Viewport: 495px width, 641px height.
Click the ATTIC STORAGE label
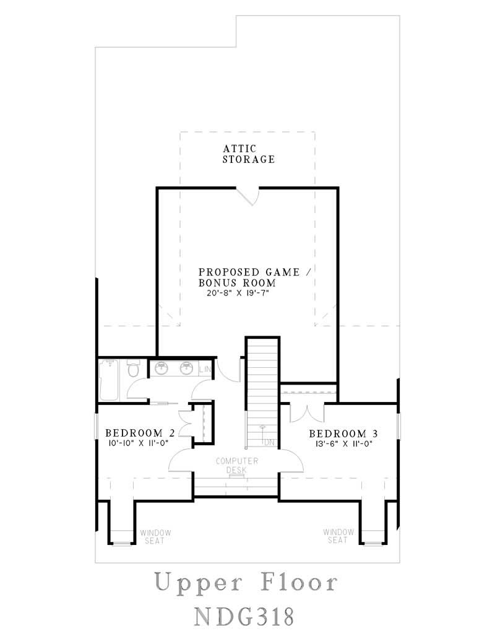click(x=248, y=154)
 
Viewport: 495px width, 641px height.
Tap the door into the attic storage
click(x=249, y=194)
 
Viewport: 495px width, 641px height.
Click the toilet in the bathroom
click(x=132, y=370)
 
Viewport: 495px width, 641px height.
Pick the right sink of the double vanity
click(x=186, y=368)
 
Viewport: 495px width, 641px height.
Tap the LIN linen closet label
click(x=205, y=370)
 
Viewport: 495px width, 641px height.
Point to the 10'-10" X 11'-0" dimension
click(x=137, y=443)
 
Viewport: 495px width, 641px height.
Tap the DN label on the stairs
click(x=269, y=443)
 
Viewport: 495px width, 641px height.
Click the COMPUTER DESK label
click(x=236, y=466)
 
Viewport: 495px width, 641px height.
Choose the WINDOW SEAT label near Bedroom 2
click(x=155, y=536)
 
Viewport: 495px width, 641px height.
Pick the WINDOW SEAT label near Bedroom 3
click(x=338, y=536)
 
